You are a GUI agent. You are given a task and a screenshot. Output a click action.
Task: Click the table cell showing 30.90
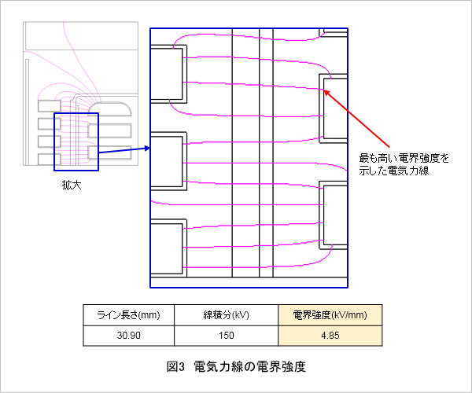(x=128, y=336)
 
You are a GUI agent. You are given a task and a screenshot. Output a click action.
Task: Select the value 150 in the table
(x=226, y=336)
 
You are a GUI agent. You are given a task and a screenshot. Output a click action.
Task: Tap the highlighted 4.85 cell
(x=330, y=336)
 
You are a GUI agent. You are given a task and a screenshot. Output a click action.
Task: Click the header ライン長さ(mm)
(x=128, y=315)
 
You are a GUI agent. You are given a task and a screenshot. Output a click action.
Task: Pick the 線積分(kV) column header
(x=226, y=315)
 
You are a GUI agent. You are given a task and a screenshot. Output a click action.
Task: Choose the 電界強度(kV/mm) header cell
(x=330, y=315)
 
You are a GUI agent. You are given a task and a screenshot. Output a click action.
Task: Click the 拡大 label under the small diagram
(x=72, y=185)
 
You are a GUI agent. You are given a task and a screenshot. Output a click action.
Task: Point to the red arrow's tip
(x=324, y=90)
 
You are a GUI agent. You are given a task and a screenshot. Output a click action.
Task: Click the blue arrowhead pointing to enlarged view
(x=148, y=148)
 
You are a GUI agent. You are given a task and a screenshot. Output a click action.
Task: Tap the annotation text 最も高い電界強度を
(x=404, y=158)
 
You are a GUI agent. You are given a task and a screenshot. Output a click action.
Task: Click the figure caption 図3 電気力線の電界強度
(x=236, y=367)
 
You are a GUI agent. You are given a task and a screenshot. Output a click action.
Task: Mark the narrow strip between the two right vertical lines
(x=266, y=152)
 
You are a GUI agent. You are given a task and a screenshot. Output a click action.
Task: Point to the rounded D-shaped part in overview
(x=110, y=110)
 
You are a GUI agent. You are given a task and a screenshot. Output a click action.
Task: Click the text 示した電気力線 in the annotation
(x=394, y=171)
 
